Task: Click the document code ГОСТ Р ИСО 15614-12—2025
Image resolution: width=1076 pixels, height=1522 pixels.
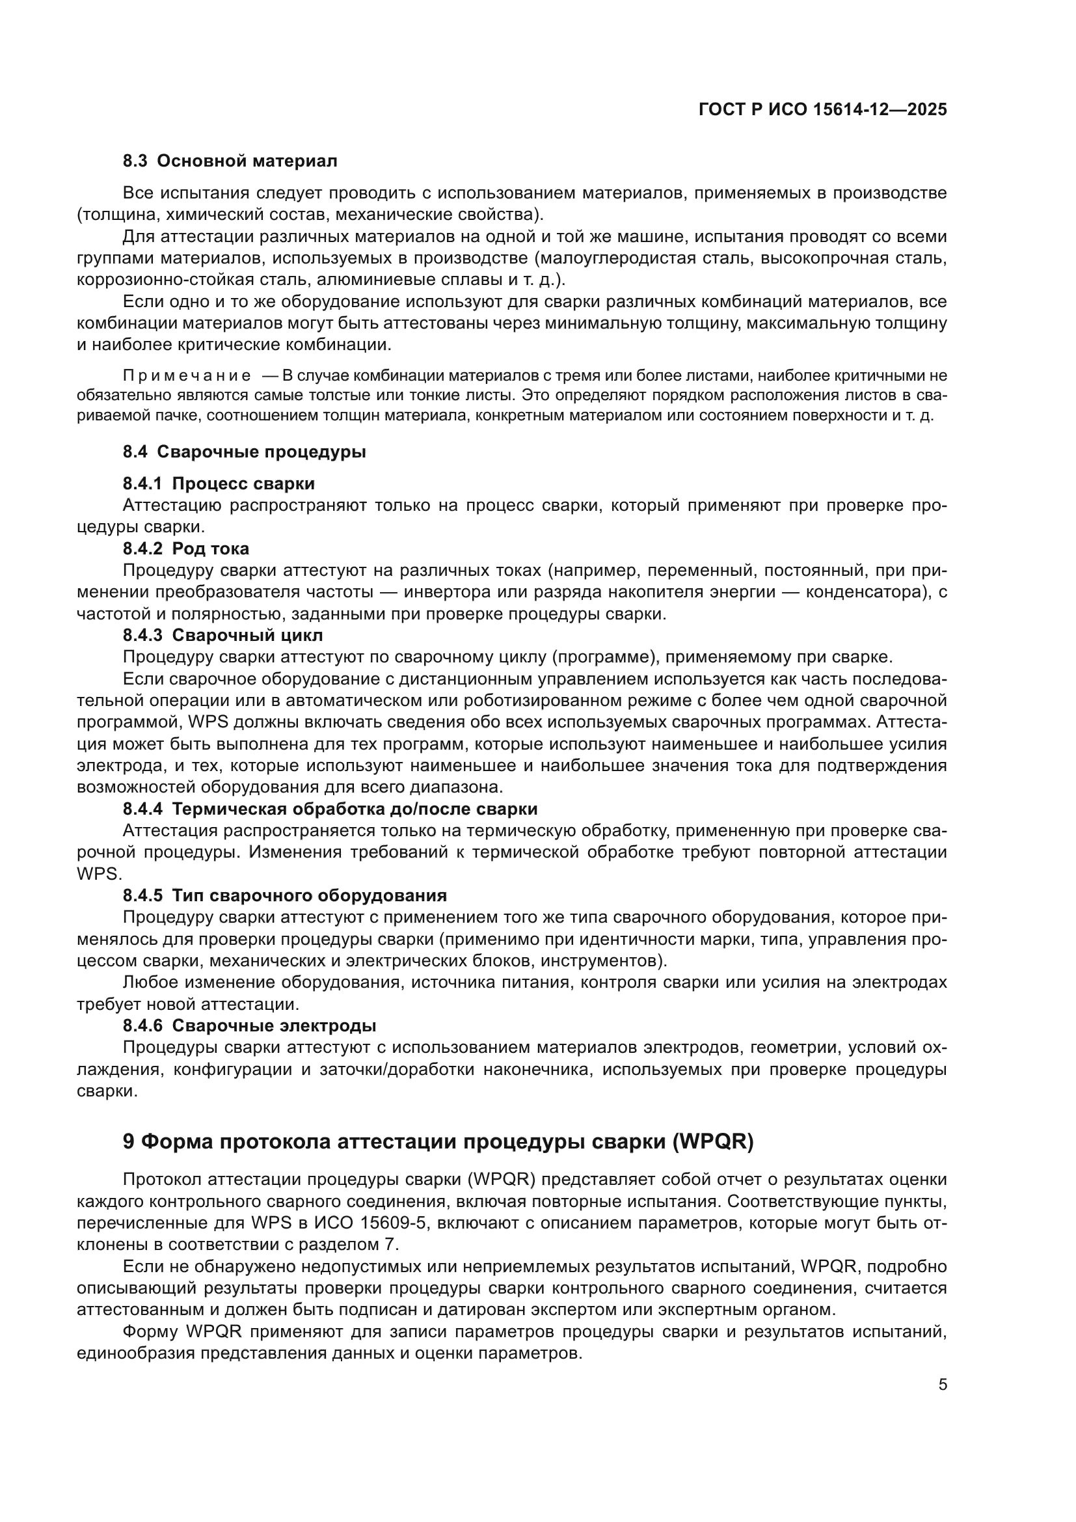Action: point(823,110)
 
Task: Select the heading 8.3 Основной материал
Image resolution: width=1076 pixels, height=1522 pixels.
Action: point(230,161)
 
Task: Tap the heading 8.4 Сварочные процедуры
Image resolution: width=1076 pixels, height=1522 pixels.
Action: point(244,452)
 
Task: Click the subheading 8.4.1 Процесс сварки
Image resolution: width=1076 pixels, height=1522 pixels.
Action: point(219,483)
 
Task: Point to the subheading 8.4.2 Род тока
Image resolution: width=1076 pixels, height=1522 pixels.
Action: point(186,548)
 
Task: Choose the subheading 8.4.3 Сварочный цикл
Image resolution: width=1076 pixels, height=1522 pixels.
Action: point(222,635)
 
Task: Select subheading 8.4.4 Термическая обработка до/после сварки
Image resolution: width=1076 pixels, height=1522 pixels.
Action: point(330,809)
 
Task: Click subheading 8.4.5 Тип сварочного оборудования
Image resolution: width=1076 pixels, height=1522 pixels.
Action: point(285,895)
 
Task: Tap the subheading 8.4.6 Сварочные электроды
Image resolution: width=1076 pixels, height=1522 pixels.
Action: point(249,1026)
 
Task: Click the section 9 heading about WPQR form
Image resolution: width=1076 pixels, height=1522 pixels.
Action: point(438,1141)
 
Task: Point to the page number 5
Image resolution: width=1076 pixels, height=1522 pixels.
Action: point(943,1385)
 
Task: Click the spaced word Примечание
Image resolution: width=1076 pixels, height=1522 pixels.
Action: point(187,376)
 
